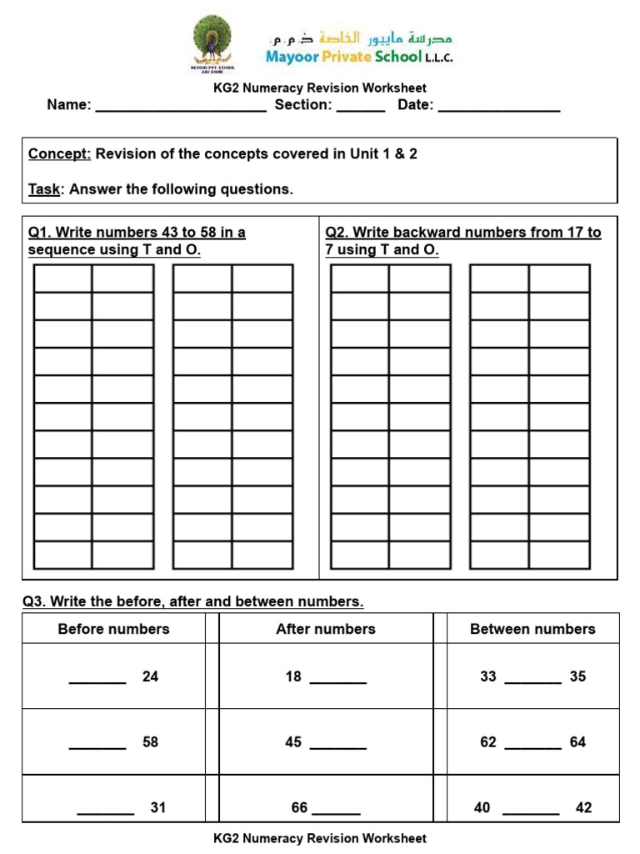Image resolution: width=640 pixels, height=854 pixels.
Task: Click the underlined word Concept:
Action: tap(59, 154)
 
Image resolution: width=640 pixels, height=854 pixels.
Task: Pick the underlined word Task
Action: tap(44, 189)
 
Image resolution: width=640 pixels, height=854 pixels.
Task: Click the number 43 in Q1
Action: tap(160, 233)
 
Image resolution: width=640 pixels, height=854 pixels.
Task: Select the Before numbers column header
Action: tap(113, 629)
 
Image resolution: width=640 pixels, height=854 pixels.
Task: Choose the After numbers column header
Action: tap(326, 629)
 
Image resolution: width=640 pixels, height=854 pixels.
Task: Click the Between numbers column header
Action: tap(532, 629)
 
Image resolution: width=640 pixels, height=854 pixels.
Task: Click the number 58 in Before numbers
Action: tap(150, 741)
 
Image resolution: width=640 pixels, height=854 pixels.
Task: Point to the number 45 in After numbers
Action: tap(293, 741)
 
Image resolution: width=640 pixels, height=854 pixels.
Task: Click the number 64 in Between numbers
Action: tap(577, 741)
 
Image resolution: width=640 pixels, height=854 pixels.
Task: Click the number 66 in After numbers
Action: tap(299, 807)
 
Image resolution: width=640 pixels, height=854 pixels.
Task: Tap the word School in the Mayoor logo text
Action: tap(397, 57)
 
